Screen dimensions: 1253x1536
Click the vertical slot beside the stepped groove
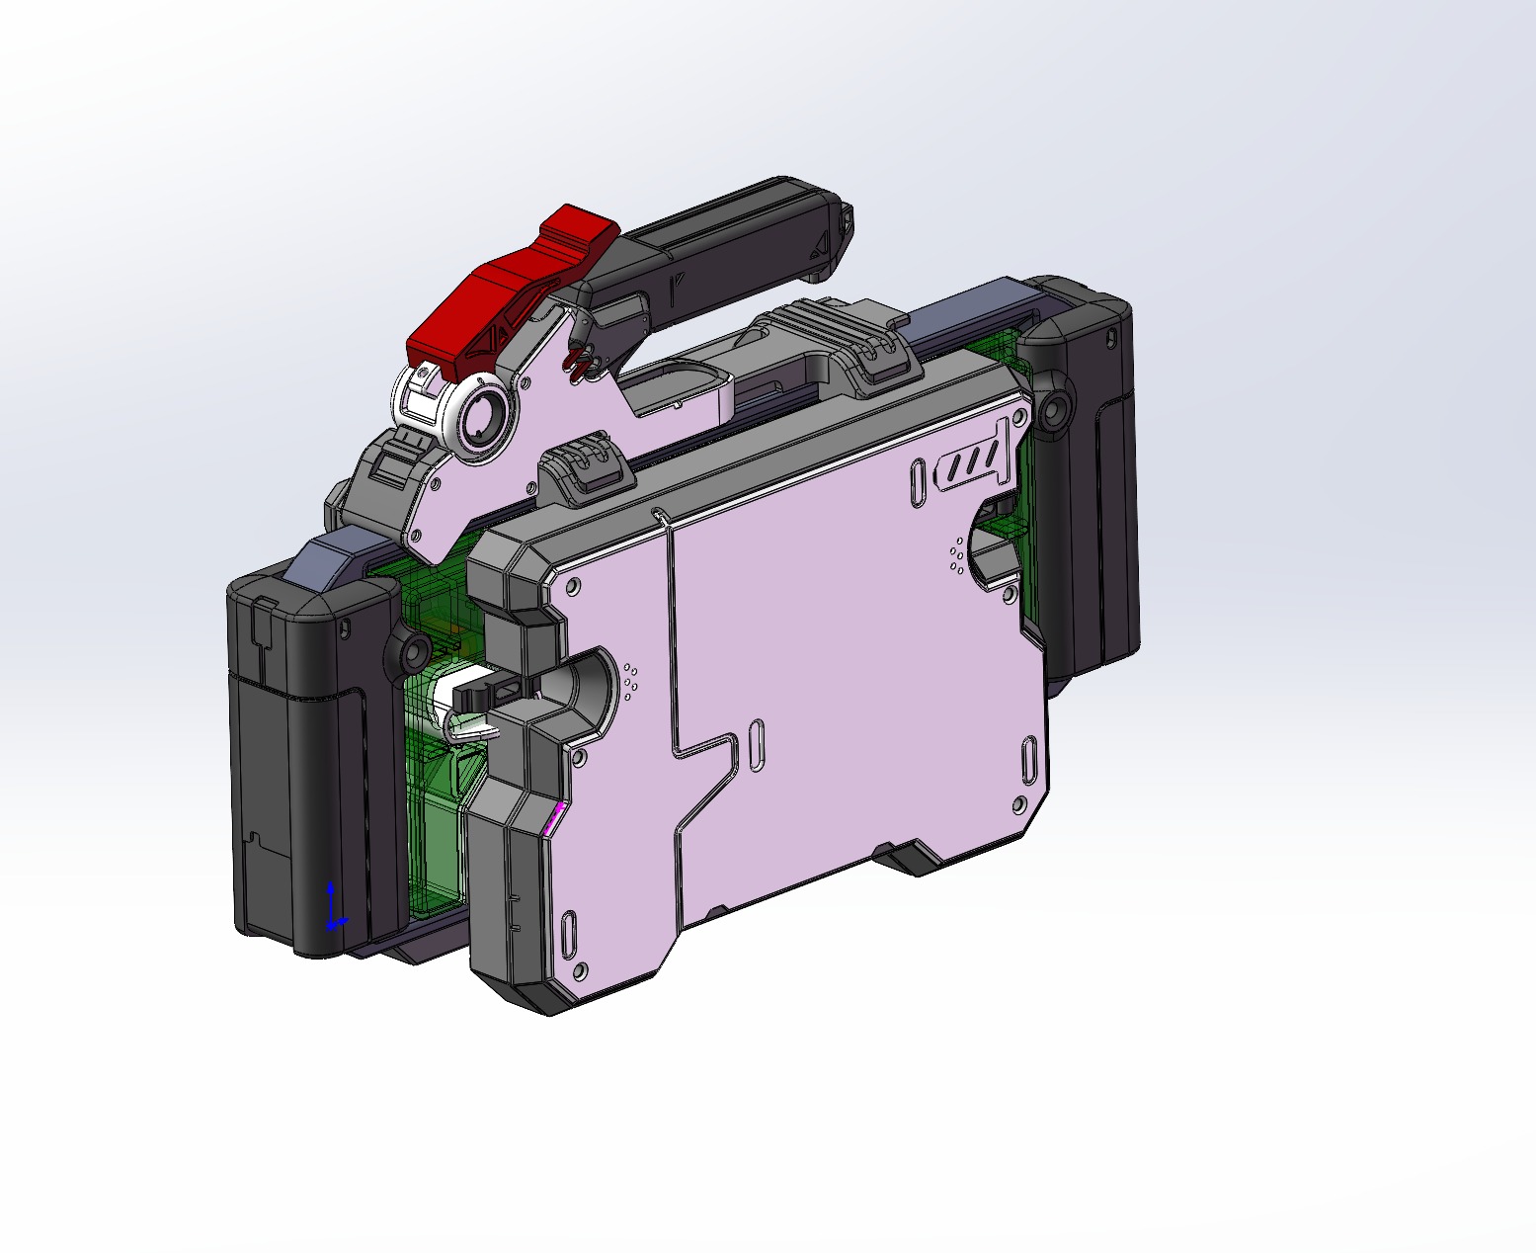click(x=757, y=746)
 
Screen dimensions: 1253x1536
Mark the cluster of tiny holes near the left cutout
click(x=631, y=679)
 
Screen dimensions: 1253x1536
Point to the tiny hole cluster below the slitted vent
click(x=957, y=554)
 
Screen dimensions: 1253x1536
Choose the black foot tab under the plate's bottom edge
click(x=914, y=858)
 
